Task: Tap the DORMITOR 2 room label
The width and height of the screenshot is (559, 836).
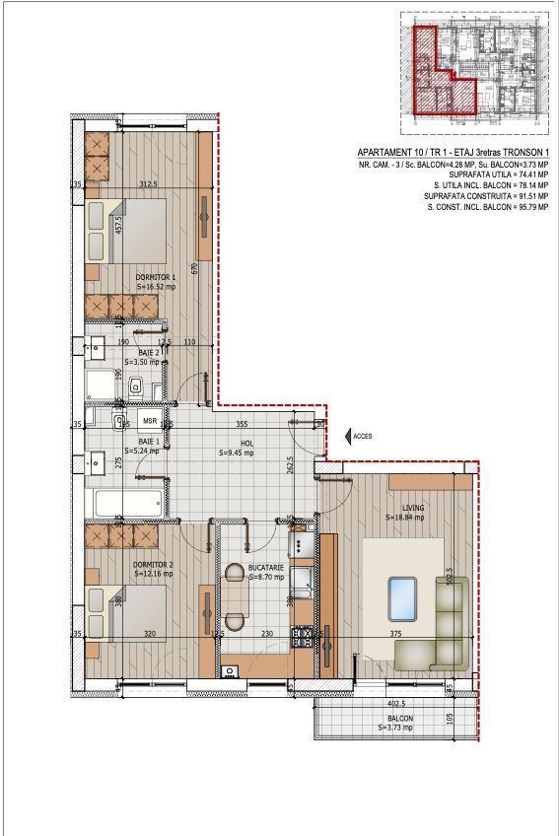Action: (153, 565)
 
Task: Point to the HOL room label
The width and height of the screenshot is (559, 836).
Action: (237, 444)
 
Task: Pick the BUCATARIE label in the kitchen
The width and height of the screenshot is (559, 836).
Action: (266, 569)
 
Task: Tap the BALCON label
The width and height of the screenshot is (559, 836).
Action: (400, 719)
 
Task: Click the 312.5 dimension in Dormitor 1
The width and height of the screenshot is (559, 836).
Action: (148, 183)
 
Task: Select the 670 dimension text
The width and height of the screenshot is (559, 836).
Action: (196, 267)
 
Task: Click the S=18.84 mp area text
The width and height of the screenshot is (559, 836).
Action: (405, 517)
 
